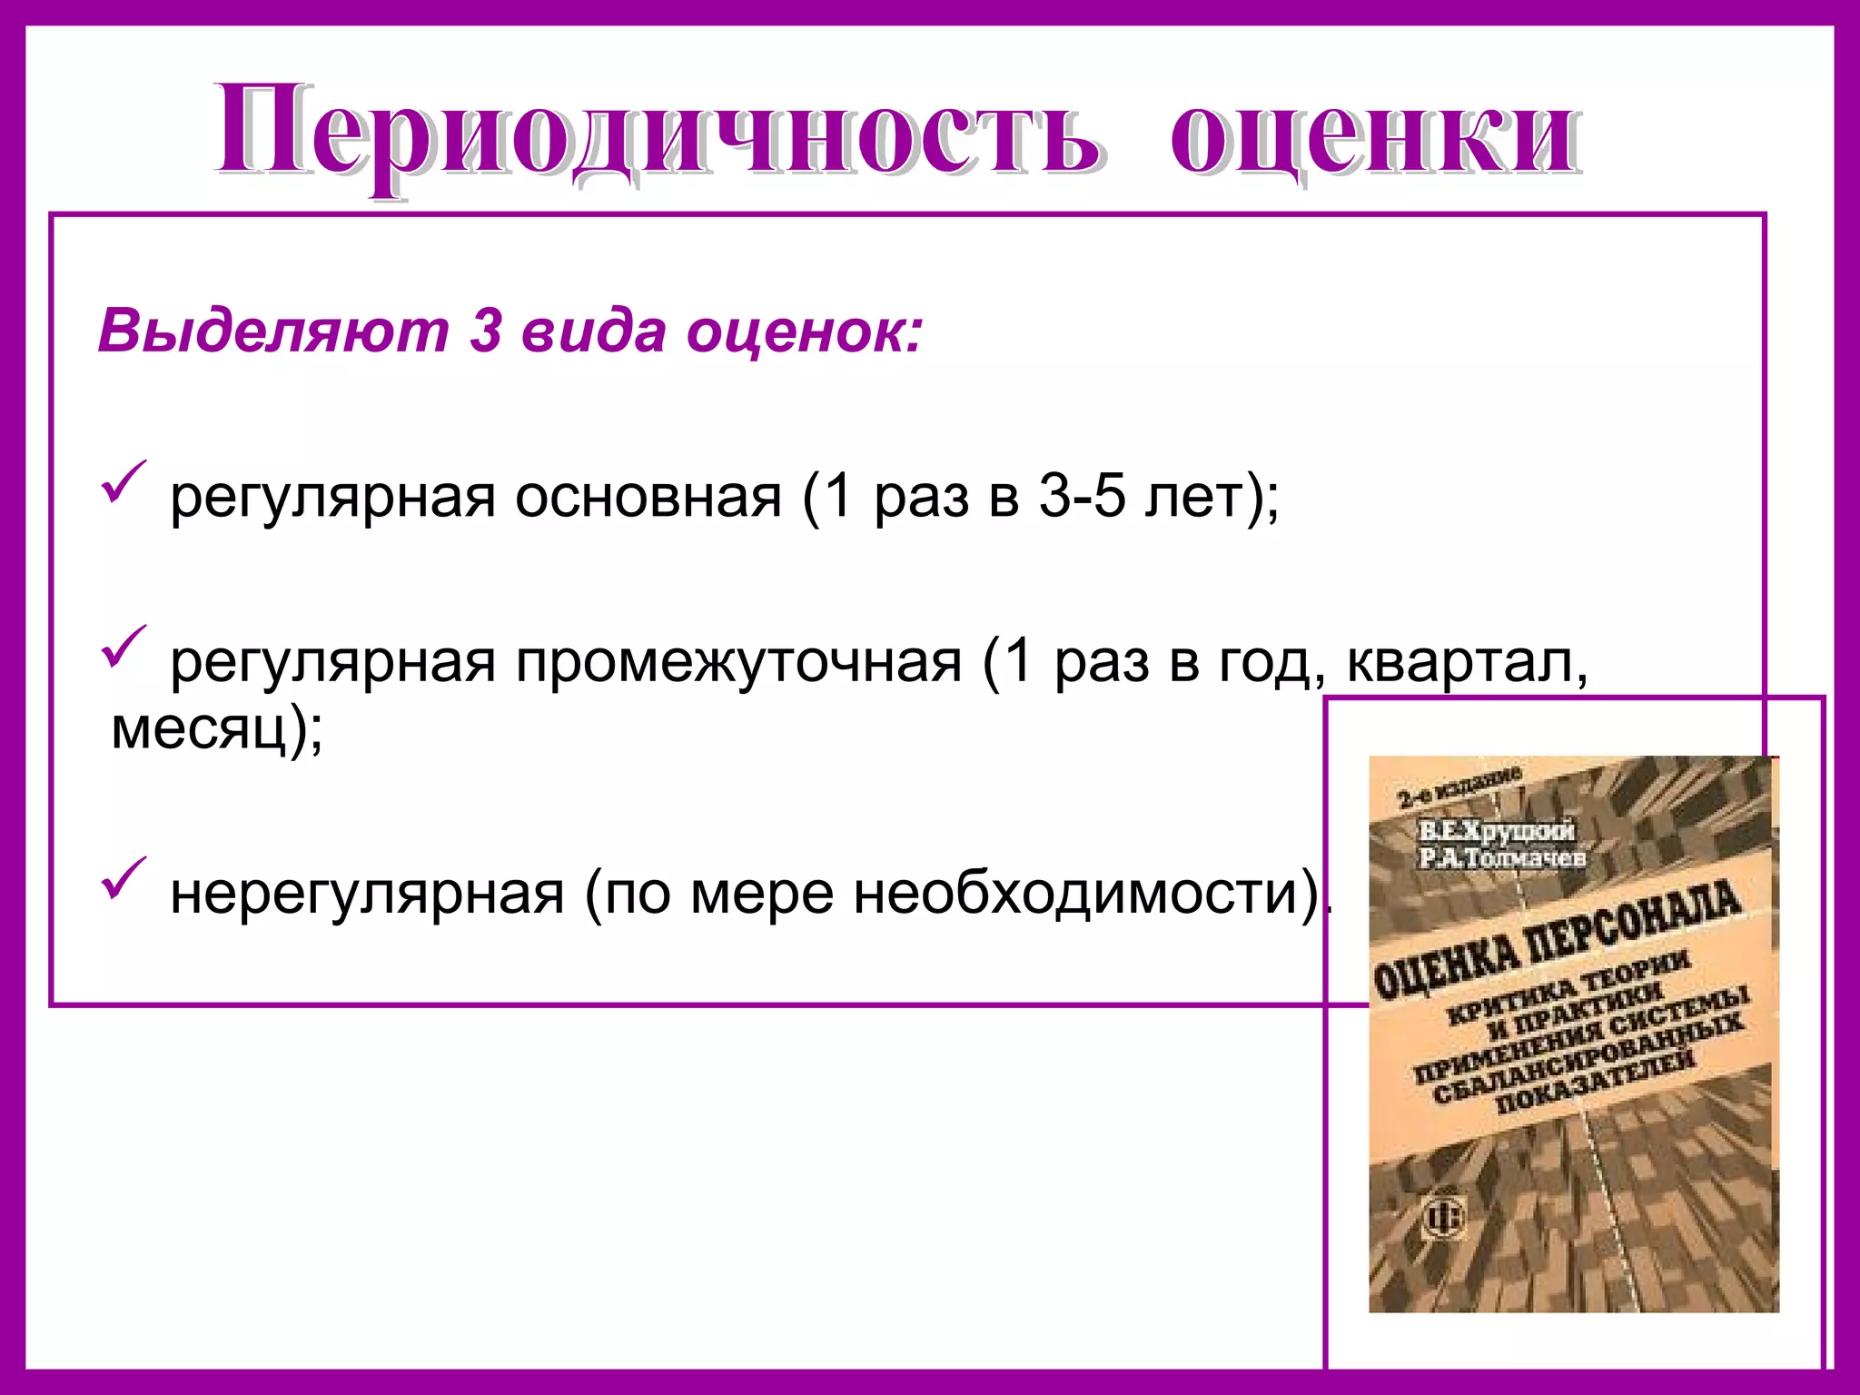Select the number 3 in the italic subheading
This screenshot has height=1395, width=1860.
pos(486,331)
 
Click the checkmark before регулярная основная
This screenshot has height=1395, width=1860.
pos(122,481)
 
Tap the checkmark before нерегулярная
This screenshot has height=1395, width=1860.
pos(122,877)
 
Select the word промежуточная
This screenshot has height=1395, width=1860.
pos(738,662)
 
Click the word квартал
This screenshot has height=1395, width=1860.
pos(1466,662)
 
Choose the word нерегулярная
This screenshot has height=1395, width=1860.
pos(368,894)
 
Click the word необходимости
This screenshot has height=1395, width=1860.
pos(1076,894)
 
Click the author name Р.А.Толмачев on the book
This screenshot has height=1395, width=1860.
pos(1503,856)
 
